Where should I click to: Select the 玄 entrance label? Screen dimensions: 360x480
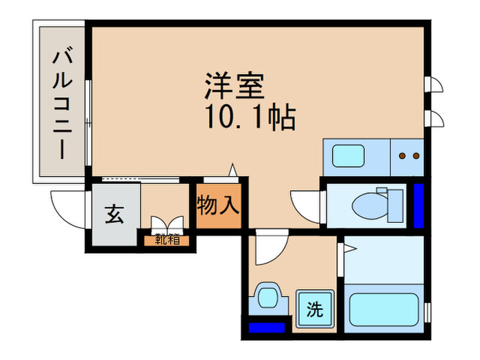point(114,215)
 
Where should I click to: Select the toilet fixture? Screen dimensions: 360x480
point(370,203)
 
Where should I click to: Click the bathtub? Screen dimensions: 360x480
point(385,309)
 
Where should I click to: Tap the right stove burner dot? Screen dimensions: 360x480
point(416,156)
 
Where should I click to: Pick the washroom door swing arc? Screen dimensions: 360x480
point(269,250)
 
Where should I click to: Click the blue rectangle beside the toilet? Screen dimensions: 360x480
point(418,203)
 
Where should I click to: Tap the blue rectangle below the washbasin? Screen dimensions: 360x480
point(267,328)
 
